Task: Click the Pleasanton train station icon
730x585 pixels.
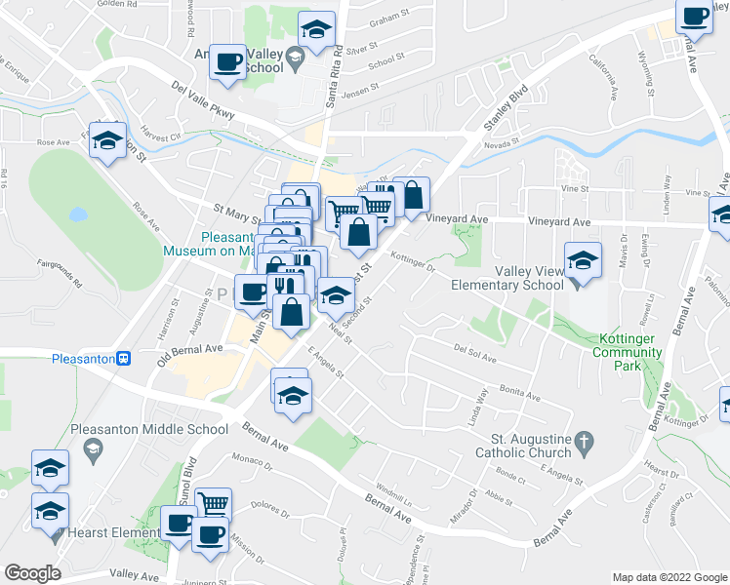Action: [x=123, y=358]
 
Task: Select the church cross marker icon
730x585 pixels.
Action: [x=583, y=442]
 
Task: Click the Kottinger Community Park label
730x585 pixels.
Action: [x=629, y=352]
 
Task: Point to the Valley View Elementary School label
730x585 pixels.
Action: [x=507, y=277]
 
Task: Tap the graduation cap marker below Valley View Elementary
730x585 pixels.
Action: [x=583, y=263]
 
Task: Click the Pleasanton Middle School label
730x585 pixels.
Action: [x=149, y=429]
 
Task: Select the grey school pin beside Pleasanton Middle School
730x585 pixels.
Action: [x=93, y=448]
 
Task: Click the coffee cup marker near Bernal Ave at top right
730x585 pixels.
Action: [x=695, y=18]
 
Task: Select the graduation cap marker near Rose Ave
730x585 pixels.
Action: [x=107, y=141]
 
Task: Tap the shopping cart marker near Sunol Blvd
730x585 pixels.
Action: [x=213, y=503]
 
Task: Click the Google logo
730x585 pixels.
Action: [x=32, y=573]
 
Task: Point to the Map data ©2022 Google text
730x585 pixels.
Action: [x=669, y=576]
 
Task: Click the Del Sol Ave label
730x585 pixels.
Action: [x=475, y=351]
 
